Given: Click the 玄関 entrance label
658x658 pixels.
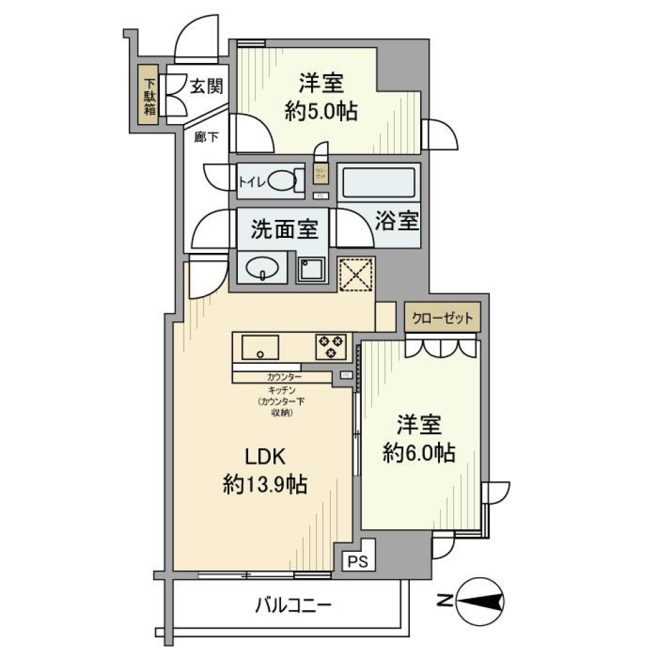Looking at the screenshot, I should [x=205, y=87].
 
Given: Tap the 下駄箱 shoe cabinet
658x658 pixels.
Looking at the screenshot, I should [x=149, y=95].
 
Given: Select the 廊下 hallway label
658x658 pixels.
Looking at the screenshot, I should [x=206, y=138].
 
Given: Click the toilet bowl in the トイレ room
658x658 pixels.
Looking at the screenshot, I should [x=282, y=181].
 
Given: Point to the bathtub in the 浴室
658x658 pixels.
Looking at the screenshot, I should [x=378, y=182].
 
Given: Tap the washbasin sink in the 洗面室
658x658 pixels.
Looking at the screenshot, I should [x=263, y=268].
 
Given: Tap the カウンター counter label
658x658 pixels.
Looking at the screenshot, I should [x=283, y=377].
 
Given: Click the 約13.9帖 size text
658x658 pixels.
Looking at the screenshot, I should [x=265, y=485].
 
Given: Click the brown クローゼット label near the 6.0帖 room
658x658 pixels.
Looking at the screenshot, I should [x=441, y=318].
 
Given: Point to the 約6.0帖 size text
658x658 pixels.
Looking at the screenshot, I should [x=420, y=452].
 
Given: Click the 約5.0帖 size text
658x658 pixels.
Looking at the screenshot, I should [x=321, y=110].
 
